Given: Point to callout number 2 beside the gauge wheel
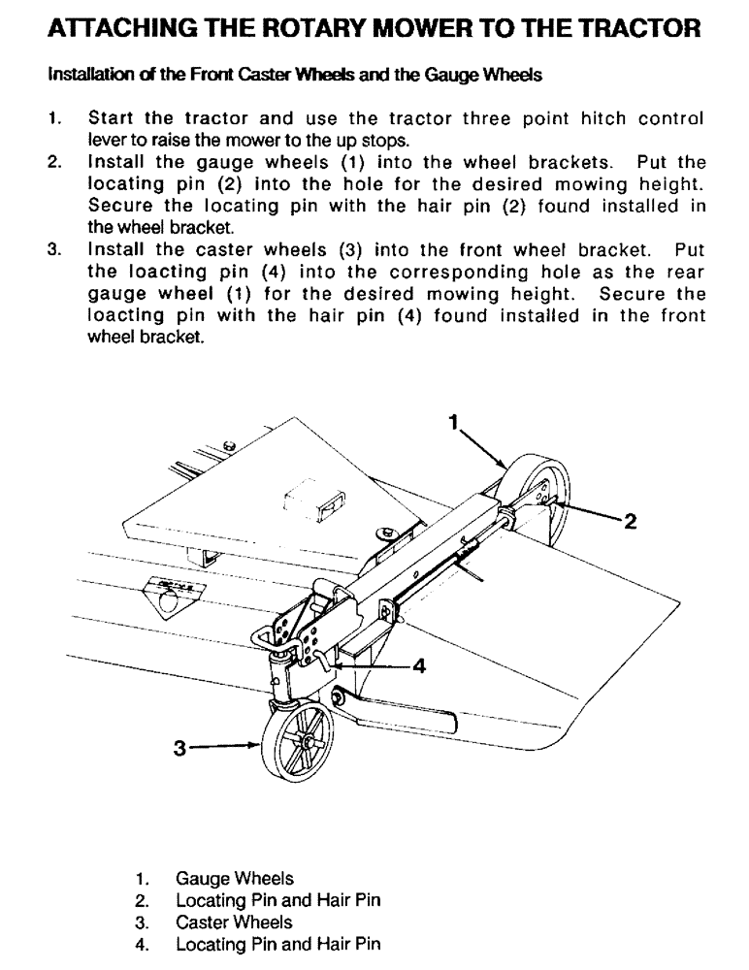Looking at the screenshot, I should (629, 523).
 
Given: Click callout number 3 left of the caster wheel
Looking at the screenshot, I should (179, 748).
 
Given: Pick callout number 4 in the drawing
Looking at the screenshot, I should (419, 666).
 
